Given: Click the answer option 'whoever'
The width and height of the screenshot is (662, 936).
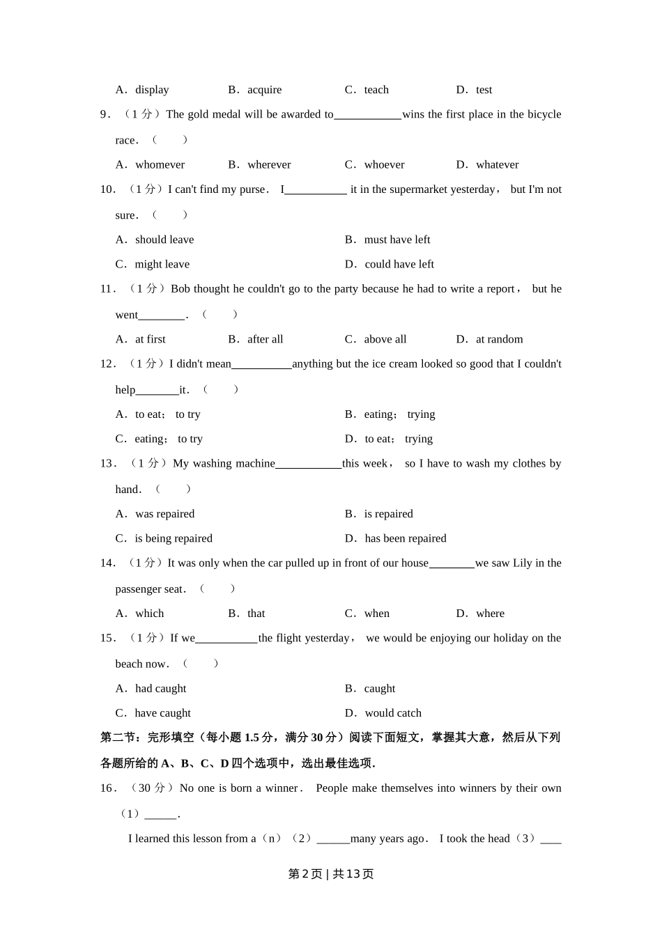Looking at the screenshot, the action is pyautogui.click(x=384, y=165).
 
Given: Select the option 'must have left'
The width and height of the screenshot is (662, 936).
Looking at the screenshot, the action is pyautogui.click(x=397, y=240).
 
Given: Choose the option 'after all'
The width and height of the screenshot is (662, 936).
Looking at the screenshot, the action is pyautogui.click(x=265, y=339).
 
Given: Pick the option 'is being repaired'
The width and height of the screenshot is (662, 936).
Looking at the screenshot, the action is pyautogui.click(x=173, y=538).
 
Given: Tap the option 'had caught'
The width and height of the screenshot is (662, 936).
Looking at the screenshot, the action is pyautogui.click(x=160, y=688).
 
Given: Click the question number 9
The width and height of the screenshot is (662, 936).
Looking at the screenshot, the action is pyautogui.click(x=105, y=115).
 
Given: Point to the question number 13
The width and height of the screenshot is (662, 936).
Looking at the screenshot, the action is pyautogui.click(x=107, y=464).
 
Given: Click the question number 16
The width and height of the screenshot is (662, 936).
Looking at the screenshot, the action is pyautogui.click(x=107, y=788).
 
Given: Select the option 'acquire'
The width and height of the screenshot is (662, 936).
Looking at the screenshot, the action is pyautogui.click(x=264, y=90).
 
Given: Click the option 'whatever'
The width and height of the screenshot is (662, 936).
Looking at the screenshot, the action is pyautogui.click(x=497, y=165).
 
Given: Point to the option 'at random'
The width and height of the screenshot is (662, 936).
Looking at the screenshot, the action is pyautogui.click(x=499, y=339).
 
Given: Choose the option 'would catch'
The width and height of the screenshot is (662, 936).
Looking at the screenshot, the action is pyautogui.click(x=393, y=713).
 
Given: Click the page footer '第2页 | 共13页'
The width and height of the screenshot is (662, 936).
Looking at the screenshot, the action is pyautogui.click(x=331, y=874).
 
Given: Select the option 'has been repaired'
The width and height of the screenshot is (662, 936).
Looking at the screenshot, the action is pyautogui.click(x=405, y=538).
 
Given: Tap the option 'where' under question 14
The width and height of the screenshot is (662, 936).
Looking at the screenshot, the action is pyautogui.click(x=490, y=614).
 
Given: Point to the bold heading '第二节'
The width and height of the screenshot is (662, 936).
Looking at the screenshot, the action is pyautogui.click(x=116, y=738).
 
